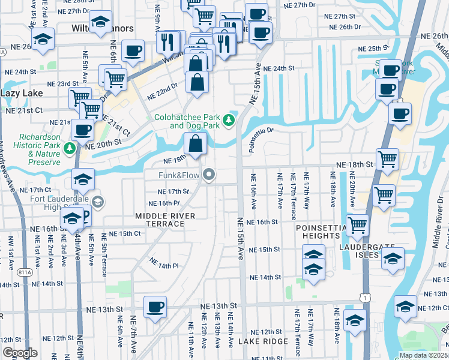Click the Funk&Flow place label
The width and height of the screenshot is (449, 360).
point(178,175)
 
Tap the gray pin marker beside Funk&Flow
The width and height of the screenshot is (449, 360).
point(209,175)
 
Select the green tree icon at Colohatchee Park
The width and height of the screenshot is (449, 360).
point(229,121)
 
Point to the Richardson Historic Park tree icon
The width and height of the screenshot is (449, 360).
point(70,148)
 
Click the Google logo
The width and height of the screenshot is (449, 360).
point(20,353)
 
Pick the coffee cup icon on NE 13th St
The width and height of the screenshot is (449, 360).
point(155,307)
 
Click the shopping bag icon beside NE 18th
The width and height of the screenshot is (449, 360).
point(196,143)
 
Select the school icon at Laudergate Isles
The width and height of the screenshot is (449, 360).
point(392,259)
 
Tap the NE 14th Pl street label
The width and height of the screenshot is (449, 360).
point(164,264)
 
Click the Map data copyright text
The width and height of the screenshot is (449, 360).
point(424,355)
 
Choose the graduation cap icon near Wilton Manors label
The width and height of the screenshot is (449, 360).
point(101,22)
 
